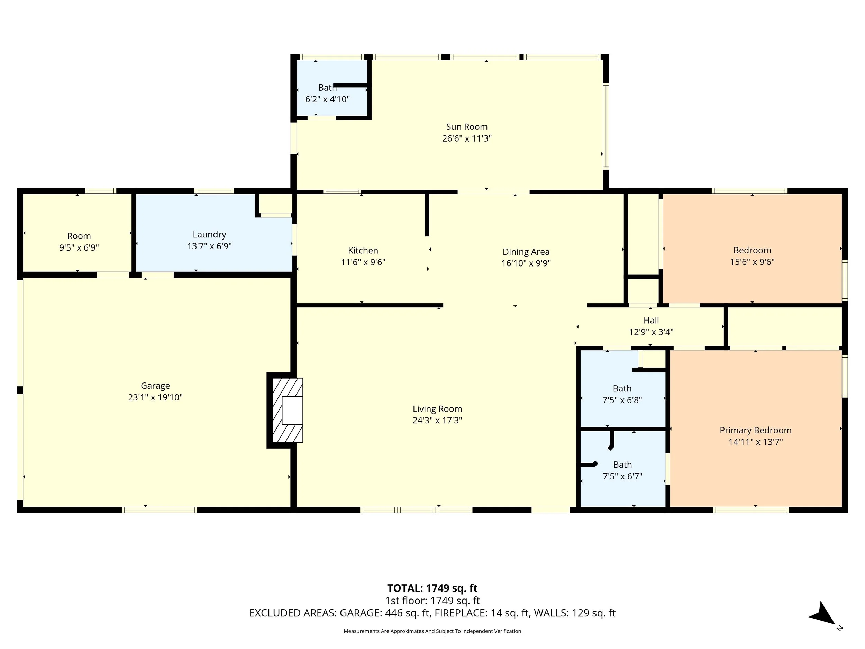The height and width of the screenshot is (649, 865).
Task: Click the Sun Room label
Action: (x=466, y=127)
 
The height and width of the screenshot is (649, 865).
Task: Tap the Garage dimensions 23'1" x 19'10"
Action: (x=155, y=397)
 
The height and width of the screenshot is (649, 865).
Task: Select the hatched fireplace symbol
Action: (x=288, y=410)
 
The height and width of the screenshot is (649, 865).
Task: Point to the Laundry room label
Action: (x=209, y=235)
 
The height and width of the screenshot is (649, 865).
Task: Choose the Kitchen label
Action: (x=363, y=251)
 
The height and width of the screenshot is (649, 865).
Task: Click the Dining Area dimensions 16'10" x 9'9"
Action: (x=526, y=263)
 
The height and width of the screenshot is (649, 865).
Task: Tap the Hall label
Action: (x=651, y=321)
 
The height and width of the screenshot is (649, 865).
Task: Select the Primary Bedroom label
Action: (x=755, y=430)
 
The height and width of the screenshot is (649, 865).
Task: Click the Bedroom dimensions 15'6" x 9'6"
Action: (x=752, y=262)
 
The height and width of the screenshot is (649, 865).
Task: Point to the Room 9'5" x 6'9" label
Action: (x=79, y=236)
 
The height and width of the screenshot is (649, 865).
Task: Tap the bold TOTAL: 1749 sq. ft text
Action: (x=432, y=588)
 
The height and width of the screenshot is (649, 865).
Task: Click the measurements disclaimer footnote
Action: (x=432, y=631)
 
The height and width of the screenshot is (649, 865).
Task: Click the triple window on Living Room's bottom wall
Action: (x=416, y=510)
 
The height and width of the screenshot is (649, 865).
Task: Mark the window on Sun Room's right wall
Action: (x=606, y=126)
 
